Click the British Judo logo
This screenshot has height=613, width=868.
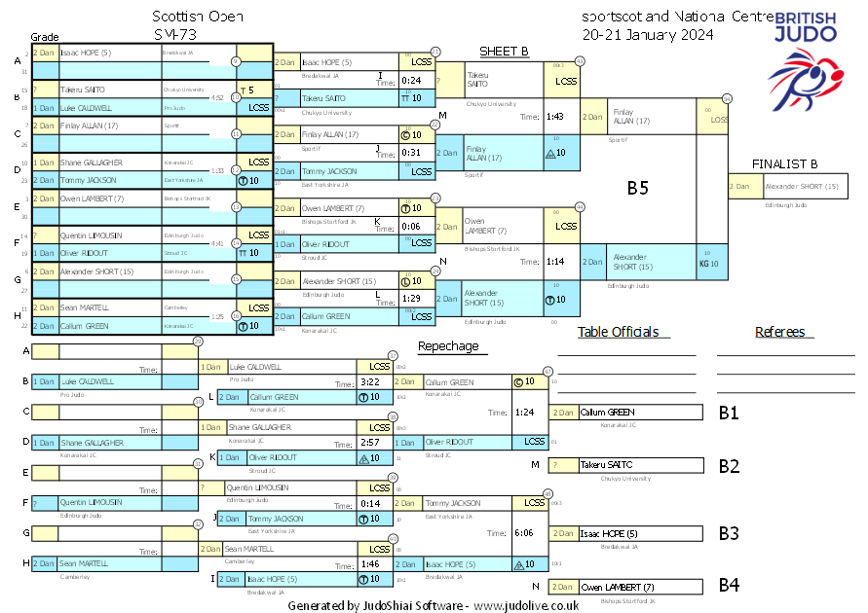[x=806, y=57]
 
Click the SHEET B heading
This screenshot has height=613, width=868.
[x=504, y=51]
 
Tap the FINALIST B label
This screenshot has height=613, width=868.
[x=784, y=163]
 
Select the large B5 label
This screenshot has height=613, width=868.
[x=637, y=189]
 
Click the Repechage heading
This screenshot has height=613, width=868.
[x=448, y=346]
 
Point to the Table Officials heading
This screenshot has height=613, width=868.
[x=618, y=332]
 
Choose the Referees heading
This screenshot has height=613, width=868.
[x=780, y=332]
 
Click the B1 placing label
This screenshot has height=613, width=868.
[x=729, y=413]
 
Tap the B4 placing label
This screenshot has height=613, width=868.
[x=729, y=586]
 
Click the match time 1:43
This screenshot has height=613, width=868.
[x=555, y=117]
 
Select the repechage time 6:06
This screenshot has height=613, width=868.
[x=524, y=533]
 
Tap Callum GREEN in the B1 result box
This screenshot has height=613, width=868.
[x=607, y=413]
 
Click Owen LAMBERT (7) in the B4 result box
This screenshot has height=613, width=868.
[x=618, y=587]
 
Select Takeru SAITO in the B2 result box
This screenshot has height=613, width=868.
[x=607, y=466]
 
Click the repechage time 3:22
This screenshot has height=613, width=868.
[x=369, y=382]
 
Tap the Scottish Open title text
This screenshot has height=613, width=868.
[x=199, y=17]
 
